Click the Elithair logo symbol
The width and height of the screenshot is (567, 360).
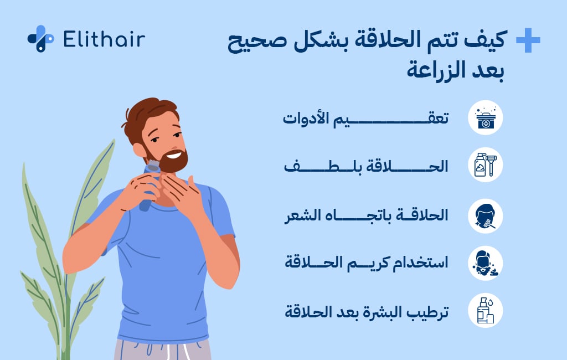pyautogui.click(x=40, y=39)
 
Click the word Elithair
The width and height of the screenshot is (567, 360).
pyautogui.click(x=104, y=39)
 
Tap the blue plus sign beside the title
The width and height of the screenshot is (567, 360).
pyautogui.click(x=527, y=41)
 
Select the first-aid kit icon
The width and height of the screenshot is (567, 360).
pyautogui.click(x=485, y=117)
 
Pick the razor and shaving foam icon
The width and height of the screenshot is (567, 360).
pyautogui.click(x=485, y=165)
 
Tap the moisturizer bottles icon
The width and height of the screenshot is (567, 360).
pyautogui.click(x=485, y=310)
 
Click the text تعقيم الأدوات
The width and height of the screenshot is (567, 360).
pyautogui.click(x=366, y=118)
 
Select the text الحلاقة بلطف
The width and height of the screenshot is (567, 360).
pyautogui.click(x=366, y=166)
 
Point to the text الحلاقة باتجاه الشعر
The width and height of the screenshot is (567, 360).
pyautogui.click(x=366, y=215)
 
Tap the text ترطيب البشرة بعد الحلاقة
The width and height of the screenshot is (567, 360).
pyautogui.click(x=366, y=311)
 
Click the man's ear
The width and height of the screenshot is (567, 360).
pyautogui.click(x=137, y=148)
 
